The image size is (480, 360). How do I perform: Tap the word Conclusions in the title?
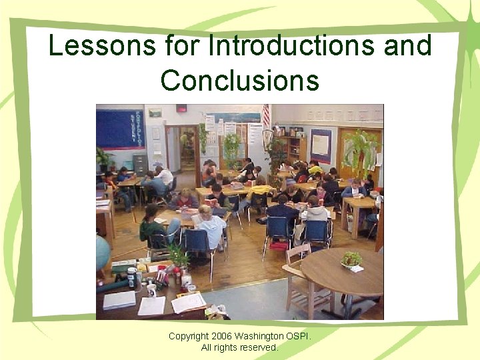click(240, 80)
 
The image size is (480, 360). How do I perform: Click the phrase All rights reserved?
click(240, 347)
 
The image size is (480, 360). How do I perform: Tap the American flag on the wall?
click(266, 117)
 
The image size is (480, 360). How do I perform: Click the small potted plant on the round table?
click(352, 259)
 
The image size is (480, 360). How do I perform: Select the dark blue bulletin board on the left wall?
click(120, 129)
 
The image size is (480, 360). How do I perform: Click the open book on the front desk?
click(189, 302)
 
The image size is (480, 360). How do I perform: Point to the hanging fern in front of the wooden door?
click(360, 150)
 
